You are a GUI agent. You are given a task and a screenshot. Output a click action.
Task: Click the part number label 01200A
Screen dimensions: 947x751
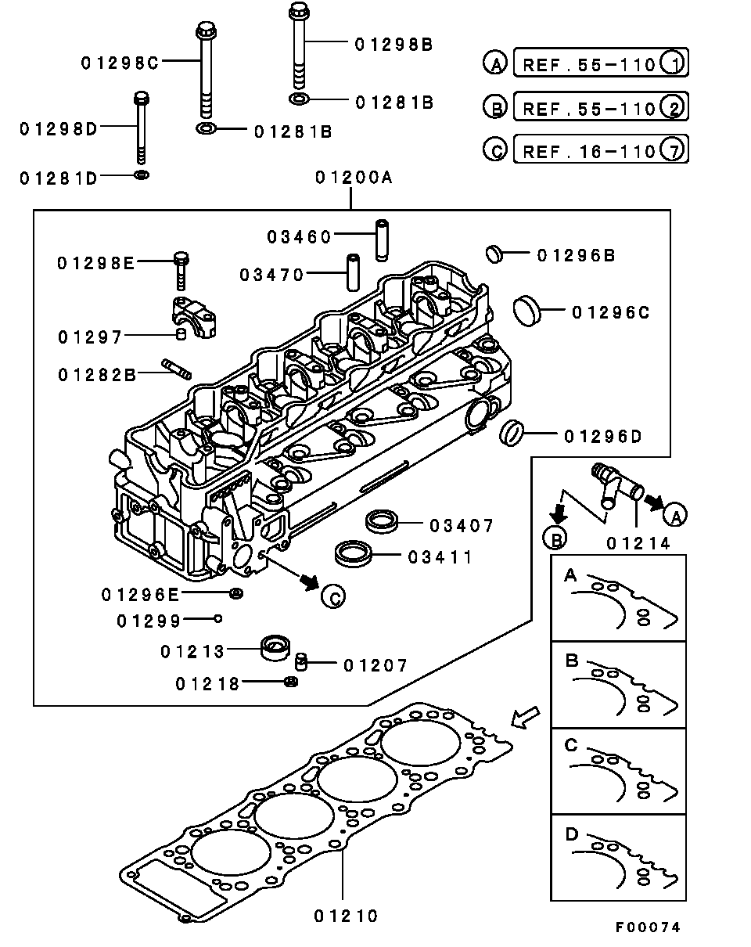click(x=354, y=178)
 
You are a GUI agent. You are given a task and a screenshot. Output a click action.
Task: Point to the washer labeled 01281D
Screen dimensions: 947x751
click(x=142, y=174)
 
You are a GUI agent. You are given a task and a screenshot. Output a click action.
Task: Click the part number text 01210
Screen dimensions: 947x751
click(x=346, y=915)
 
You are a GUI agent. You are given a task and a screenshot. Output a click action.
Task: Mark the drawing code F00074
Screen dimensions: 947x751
click(x=647, y=927)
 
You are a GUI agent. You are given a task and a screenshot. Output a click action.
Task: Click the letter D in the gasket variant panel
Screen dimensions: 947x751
click(x=571, y=835)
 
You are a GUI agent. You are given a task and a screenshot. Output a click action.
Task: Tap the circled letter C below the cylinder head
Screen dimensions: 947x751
click(x=332, y=596)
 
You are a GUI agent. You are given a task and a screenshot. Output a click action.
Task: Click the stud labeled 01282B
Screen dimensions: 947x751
click(x=177, y=369)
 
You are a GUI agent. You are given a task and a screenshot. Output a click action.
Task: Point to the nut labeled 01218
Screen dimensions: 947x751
click(x=290, y=682)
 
